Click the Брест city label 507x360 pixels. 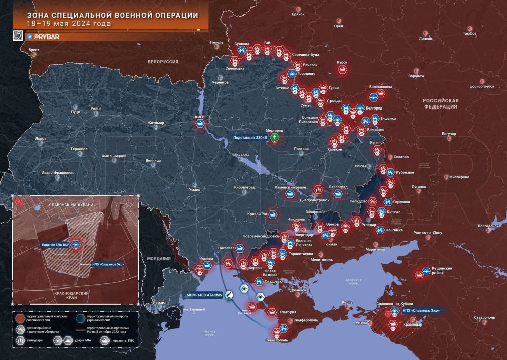pyautogui.click(x=34, y=50)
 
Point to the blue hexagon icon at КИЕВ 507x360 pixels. pyautogui.click(x=200, y=123)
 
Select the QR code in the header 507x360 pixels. pyautogui.click(x=18, y=36)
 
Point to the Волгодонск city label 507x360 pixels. pyautogui.click(x=489, y=225)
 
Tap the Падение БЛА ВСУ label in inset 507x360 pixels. pyautogui.click(x=55, y=244)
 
